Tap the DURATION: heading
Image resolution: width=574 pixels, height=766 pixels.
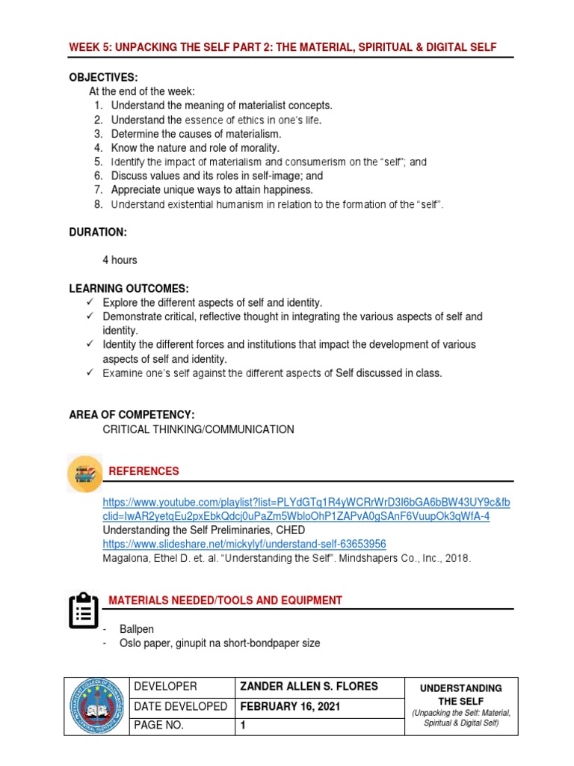[98, 233]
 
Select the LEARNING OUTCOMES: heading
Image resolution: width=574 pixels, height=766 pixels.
[129, 288]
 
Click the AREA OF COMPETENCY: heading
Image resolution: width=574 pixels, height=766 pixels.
[132, 414]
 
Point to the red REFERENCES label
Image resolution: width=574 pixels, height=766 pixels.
[144, 471]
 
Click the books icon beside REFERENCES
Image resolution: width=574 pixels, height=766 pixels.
[84, 474]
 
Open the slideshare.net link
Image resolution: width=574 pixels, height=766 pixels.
[244, 544]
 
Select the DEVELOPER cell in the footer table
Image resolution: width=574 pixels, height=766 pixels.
[164, 687]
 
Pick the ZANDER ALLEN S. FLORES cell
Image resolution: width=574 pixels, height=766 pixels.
[308, 687]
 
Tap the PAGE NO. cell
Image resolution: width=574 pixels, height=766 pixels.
[158, 726]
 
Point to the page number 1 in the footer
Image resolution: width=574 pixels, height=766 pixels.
[243, 726]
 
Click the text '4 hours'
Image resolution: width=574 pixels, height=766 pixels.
[120, 260]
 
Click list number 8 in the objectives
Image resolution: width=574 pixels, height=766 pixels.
[98, 204]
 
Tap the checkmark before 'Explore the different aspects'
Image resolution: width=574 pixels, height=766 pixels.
[89, 302]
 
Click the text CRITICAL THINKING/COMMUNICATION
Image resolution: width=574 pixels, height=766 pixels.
[198, 429]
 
